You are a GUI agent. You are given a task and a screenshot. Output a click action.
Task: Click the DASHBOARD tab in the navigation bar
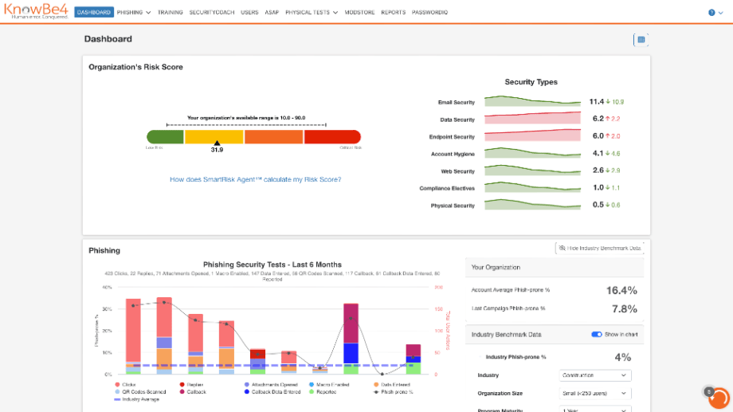[94, 13]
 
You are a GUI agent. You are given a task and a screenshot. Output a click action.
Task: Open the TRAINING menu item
[170, 13]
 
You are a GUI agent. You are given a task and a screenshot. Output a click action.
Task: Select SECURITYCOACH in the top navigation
[211, 13]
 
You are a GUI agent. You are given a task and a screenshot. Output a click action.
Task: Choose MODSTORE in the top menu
[360, 13]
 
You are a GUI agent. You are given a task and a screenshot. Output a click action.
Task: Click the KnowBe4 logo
[36, 12]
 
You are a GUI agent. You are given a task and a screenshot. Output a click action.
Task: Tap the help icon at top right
[711, 13]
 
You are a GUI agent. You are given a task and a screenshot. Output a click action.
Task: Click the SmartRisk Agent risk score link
[255, 179]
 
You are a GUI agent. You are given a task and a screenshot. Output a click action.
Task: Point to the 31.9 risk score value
[217, 150]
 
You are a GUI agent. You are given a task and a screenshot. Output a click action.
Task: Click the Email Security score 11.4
[597, 102]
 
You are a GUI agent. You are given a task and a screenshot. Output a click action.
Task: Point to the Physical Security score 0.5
[598, 205]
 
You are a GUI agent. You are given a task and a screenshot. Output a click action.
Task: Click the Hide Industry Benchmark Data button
[599, 249]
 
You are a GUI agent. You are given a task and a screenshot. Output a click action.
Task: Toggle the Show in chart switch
[597, 335]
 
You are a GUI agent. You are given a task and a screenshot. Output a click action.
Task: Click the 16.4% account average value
[621, 291]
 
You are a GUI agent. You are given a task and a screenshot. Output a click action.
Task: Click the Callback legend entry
[196, 391]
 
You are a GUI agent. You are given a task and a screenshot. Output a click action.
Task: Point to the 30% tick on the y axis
[108, 309]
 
